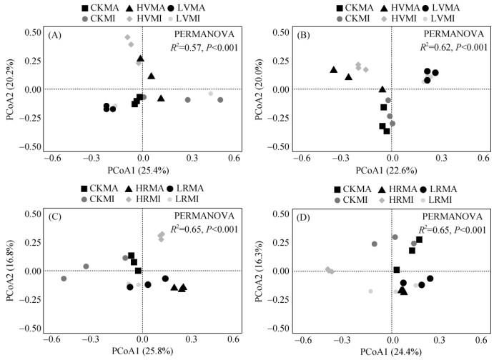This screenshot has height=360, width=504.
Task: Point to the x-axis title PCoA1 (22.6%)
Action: point(392,171)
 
